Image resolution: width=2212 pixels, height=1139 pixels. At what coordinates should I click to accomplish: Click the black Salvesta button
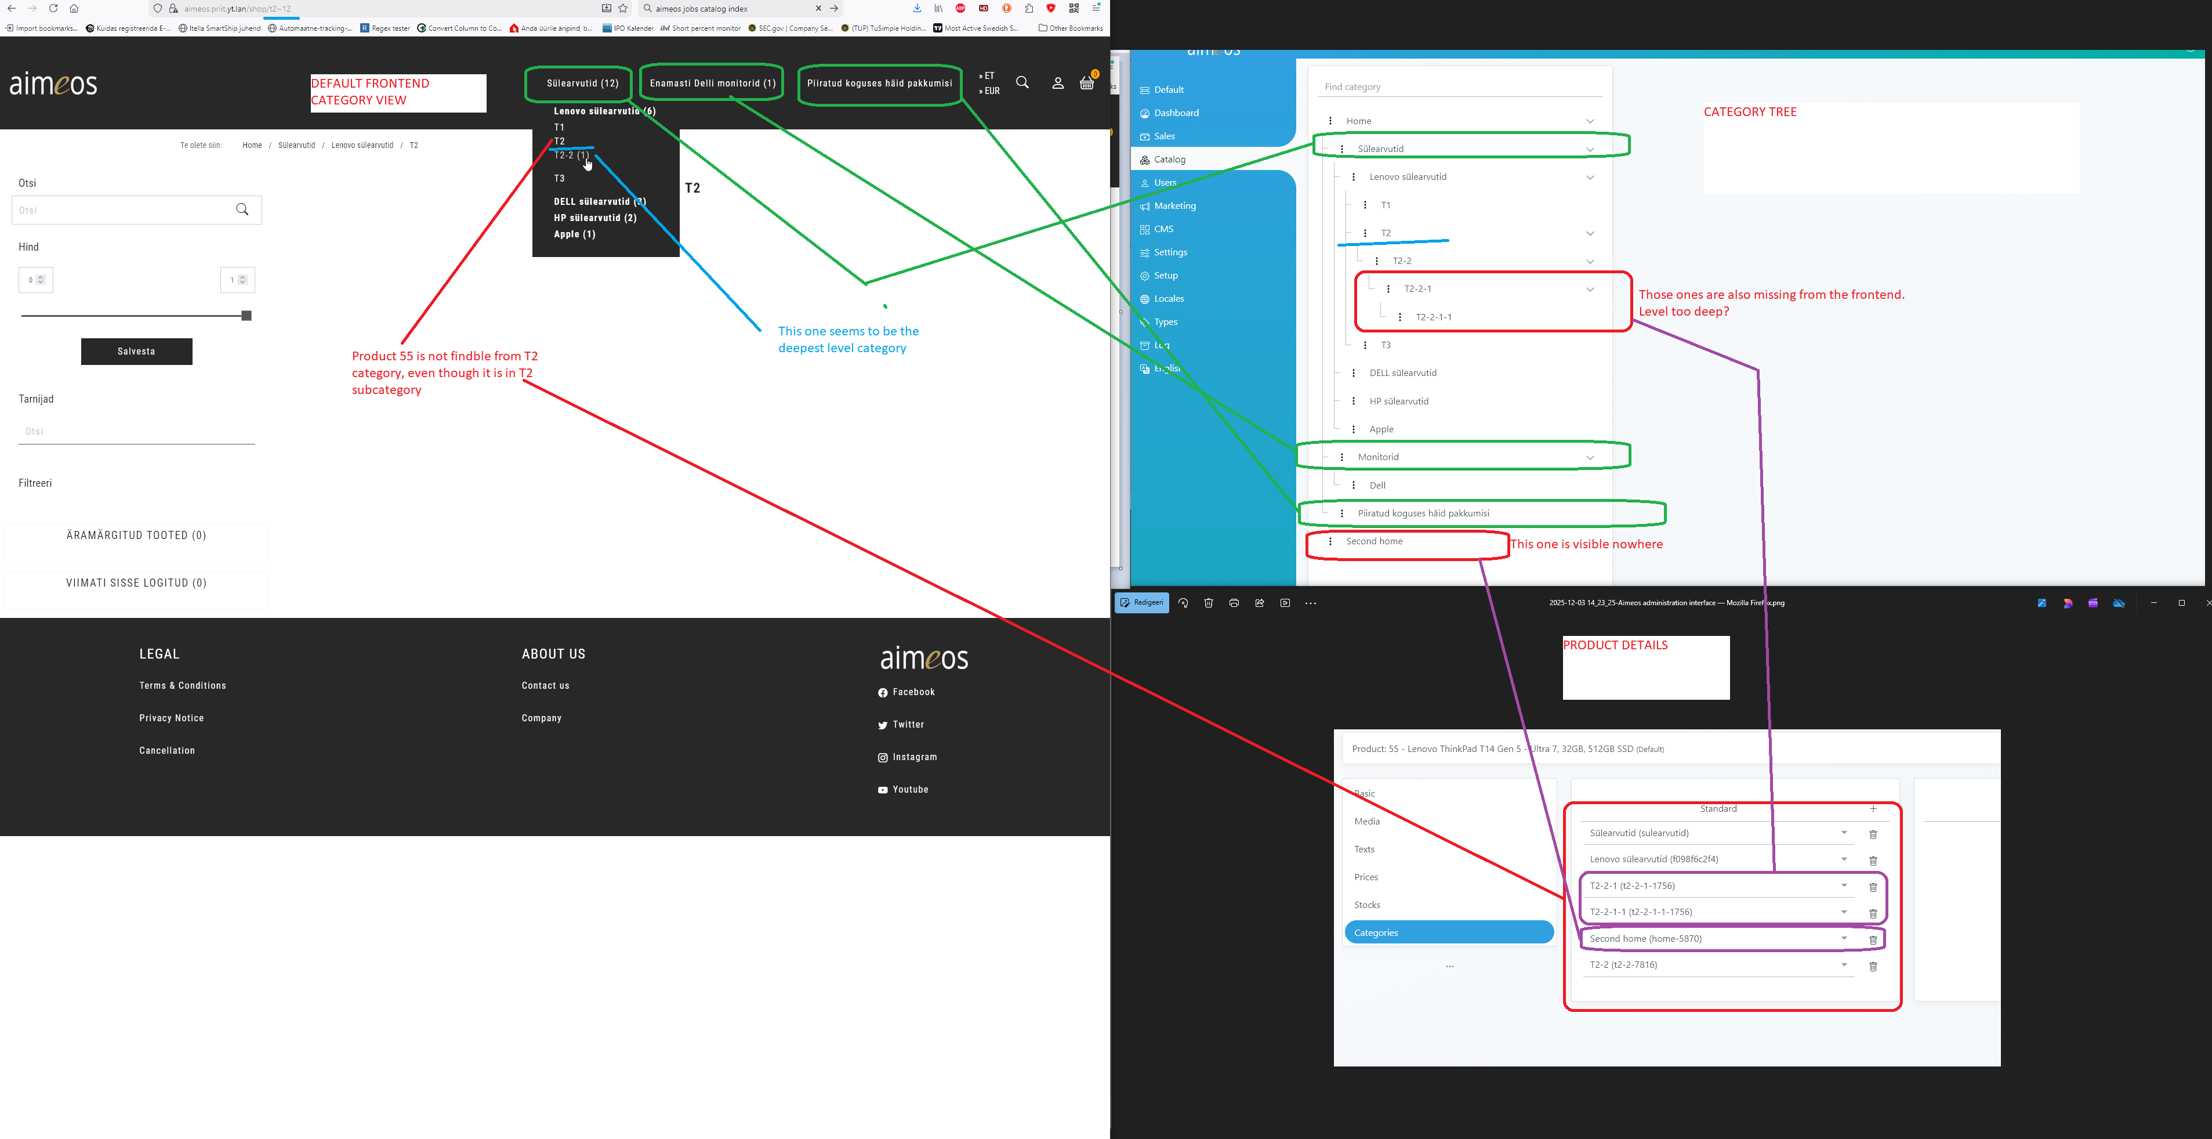pyautogui.click(x=136, y=351)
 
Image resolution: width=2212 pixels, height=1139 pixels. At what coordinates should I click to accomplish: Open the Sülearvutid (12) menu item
pyautogui.click(x=582, y=84)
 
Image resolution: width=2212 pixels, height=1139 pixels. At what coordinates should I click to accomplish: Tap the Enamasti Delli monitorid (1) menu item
pyautogui.click(x=712, y=84)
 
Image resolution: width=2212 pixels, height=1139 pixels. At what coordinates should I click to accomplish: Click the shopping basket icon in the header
pyautogui.click(x=1086, y=84)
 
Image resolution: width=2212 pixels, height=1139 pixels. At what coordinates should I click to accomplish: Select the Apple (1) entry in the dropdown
pyautogui.click(x=574, y=234)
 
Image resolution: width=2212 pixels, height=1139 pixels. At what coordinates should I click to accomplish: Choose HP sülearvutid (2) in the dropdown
pyautogui.click(x=594, y=218)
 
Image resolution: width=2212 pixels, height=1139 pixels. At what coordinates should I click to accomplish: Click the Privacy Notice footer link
pyautogui.click(x=172, y=718)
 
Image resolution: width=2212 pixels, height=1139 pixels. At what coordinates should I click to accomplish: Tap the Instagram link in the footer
pyautogui.click(x=913, y=757)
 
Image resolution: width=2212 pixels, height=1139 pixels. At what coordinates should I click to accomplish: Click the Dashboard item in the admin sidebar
pyautogui.click(x=1176, y=113)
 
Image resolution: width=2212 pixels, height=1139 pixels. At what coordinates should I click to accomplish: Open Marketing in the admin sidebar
pyautogui.click(x=1174, y=206)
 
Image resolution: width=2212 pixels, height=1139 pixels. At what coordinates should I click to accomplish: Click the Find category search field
pyautogui.click(x=1460, y=87)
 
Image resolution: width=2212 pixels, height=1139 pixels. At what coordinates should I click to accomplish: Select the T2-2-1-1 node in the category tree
pyautogui.click(x=1433, y=317)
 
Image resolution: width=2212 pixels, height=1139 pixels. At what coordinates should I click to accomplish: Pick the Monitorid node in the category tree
pyautogui.click(x=1377, y=457)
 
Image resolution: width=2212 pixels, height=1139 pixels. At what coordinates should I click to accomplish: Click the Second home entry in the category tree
pyautogui.click(x=1374, y=541)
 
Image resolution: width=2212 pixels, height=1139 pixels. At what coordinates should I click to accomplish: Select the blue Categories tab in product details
pyautogui.click(x=1449, y=933)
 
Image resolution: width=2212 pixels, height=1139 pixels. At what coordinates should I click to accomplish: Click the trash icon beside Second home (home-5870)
pyautogui.click(x=1873, y=940)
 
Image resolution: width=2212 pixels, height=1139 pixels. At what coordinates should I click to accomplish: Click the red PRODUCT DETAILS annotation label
pyautogui.click(x=1615, y=645)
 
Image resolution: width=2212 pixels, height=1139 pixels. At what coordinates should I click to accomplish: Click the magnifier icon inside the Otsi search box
pyautogui.click(x=242, y=209)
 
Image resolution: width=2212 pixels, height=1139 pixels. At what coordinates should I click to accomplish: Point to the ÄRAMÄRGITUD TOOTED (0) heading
pyautogui.click(x=136, y=535)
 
